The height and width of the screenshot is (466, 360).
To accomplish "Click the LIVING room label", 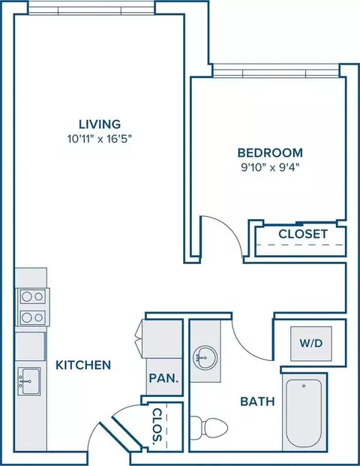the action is point(100,124).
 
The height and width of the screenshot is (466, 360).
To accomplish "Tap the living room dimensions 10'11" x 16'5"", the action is point(100,139).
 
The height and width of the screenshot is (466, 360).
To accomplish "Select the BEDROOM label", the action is point(270,153).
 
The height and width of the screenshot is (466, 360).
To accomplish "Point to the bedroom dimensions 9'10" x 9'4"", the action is point(270,168).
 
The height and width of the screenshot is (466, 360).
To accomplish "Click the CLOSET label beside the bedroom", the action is point(303,234).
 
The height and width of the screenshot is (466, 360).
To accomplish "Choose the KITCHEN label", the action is point(83,365).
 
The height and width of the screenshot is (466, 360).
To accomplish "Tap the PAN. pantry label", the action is point(164,378).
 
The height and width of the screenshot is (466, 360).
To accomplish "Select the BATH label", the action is point(257,401).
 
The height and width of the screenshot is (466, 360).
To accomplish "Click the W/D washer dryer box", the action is point(311,344).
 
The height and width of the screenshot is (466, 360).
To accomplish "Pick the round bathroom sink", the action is point(205,357).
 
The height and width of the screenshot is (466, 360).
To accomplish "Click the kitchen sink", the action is point(28,381).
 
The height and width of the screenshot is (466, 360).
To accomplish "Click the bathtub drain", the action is point(304,386).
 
